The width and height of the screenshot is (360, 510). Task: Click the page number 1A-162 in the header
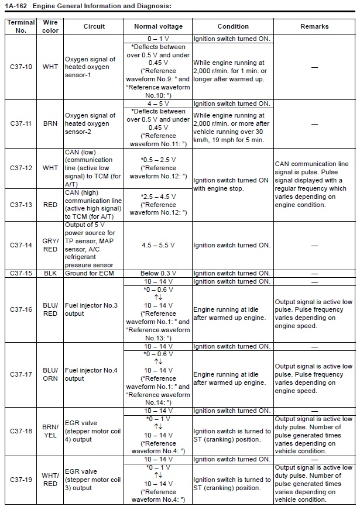pyautogui.click(x=16, y=6)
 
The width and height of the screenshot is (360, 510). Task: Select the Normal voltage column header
pyautogui.click(x=158, y=26)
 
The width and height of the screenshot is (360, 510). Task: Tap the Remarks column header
pyautogui.click(x=314, y=26)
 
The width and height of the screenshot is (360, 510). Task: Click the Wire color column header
pyautogui.click(x=51, y=26)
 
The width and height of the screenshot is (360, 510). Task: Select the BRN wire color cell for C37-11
pyautogui.click(x=51, y=124)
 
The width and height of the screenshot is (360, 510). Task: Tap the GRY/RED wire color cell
pyautogui.click(x=51, y=245)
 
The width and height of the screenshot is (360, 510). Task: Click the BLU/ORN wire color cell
pyautogui.click(x=51, y=374)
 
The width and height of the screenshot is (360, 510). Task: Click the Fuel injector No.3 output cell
pyautogui.click(x=91, y=310)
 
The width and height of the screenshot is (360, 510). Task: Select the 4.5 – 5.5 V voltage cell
pyautogui.click(x=158, y=245)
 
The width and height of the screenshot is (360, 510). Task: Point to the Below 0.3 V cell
pyautogui.click(x=158, y=273)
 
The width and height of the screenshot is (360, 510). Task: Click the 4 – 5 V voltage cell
pyautogui.click(x=158, y=104)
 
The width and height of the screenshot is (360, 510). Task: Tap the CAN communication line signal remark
pyautogui.click(x=314, y=184)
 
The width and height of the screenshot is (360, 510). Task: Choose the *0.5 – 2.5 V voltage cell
pyautogui.click(x=158, y=168)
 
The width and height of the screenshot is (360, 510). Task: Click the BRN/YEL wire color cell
pyautogui.click(x=51, y=431)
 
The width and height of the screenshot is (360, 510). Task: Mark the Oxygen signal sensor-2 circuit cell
pyautogui.click(x=91, y=124)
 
